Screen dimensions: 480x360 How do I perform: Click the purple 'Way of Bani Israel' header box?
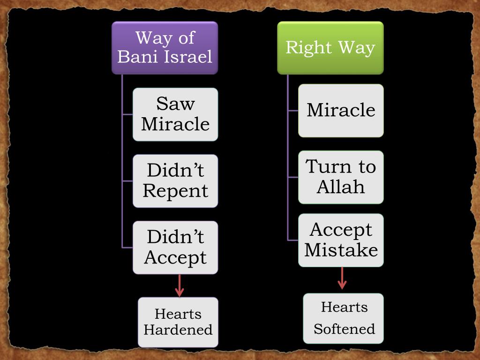pyautogui.click(x=165, y=48)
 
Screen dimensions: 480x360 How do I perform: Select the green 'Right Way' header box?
pyautogui.click(x=330, y=48)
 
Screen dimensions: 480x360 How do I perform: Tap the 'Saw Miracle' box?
pyautogui.click(x=175, y=114)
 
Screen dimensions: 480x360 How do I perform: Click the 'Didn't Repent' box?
pyautogui.click(x=175, y=181)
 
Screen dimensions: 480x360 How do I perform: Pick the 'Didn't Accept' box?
pyautogui.click(x=175, y=247)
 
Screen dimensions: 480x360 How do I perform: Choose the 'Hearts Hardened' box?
pyautogui.click(x=178, y=322)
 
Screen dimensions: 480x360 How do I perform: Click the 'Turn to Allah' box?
pyautogui.click(x=341, y=177)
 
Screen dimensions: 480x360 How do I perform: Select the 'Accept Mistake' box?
pyautogui.click(x=341, y=240)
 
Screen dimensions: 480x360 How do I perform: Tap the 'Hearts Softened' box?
pyautogui.click(x=344, y=318)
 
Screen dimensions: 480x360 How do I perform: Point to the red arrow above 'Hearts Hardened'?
pyautogui.click(x=179, y=285)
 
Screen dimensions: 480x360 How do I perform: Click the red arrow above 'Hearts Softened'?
pyautogui.click(x=342, y=278)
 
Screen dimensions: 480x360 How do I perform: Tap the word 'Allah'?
pyautogui.click(x=341, y=187)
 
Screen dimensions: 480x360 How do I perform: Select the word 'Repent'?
pyautogui.click(x=175, y=191)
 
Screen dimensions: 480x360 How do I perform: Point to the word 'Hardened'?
pyautogui.click(x=178, y=330)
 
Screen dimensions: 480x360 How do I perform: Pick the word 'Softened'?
pyautogui.click(x=344, y=329)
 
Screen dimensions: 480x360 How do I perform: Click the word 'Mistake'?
pyautogui.click(x=341, y=250)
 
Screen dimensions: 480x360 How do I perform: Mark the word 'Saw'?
pyautogui.click(x=175, y=104)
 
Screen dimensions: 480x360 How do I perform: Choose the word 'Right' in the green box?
pyautogui.click(x=306, y=48)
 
